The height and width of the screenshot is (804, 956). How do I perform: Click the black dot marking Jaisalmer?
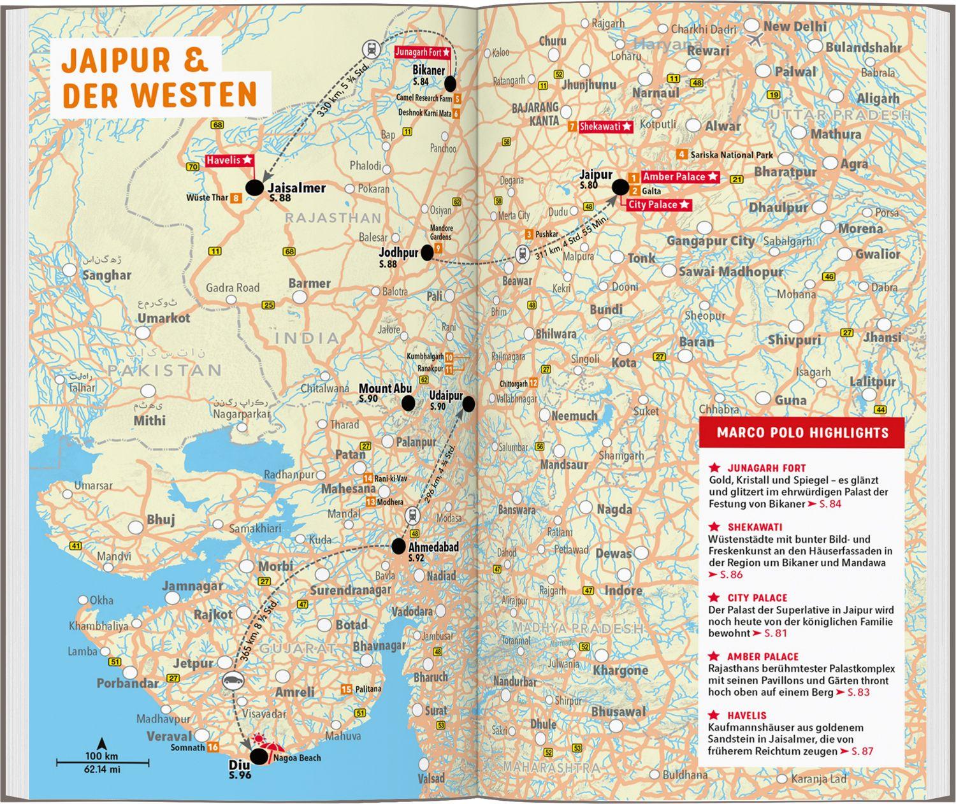(x=254, y=187)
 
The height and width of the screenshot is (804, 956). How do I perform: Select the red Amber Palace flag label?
(x=680, y=176)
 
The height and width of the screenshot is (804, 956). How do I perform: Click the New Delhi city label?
(x=794, y=27)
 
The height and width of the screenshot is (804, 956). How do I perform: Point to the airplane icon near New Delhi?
(x=757, y=39)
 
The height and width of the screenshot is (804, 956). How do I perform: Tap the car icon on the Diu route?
(x=232, y=680)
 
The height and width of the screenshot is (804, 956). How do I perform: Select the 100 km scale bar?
(x=103, y=762)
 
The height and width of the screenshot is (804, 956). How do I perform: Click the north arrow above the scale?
(x=101, y=743)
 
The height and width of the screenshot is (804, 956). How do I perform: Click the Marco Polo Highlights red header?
(x=802, y=433)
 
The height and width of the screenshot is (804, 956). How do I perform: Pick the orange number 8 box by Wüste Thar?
(x=236, y=198)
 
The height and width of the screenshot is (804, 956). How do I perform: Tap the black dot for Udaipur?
(x=468, y=404)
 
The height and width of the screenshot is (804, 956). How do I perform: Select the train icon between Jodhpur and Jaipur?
(x=522, y=253)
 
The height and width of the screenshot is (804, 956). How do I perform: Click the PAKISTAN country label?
(x=164, y=370)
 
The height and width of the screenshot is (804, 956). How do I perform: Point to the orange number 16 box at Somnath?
(x=213, y=747)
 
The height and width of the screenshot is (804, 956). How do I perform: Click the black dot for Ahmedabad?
(x=398, y=546)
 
